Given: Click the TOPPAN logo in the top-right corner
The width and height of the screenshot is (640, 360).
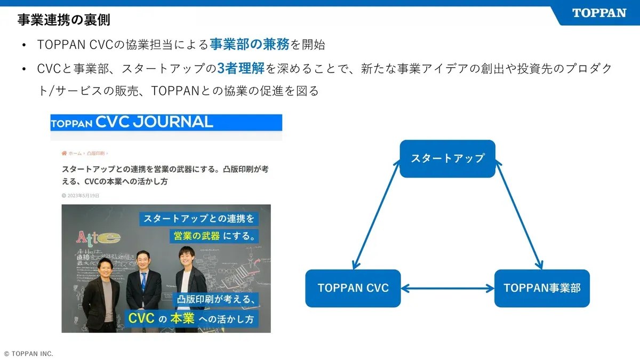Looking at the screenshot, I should coord(599,13).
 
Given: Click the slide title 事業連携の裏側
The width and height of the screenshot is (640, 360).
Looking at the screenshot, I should coord(65,20).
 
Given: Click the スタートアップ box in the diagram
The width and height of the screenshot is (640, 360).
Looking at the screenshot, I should coord(447,158).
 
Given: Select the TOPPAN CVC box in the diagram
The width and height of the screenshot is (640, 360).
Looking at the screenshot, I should coord(353,288).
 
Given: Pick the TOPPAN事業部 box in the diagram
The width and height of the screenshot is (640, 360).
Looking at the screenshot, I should coord(542,288).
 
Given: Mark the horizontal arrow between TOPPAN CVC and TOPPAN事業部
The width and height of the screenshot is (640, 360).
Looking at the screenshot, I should coord(447,289).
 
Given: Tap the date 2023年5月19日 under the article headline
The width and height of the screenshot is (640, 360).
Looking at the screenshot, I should coord(83,196).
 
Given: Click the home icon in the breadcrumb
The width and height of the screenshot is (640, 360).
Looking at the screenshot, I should coord(65,153).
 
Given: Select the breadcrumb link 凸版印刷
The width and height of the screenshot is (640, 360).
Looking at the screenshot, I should coord(96,153).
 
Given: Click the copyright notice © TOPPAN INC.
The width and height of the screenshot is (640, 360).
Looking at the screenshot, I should coord(29,354).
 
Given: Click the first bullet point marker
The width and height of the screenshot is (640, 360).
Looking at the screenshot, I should coord(25,45).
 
